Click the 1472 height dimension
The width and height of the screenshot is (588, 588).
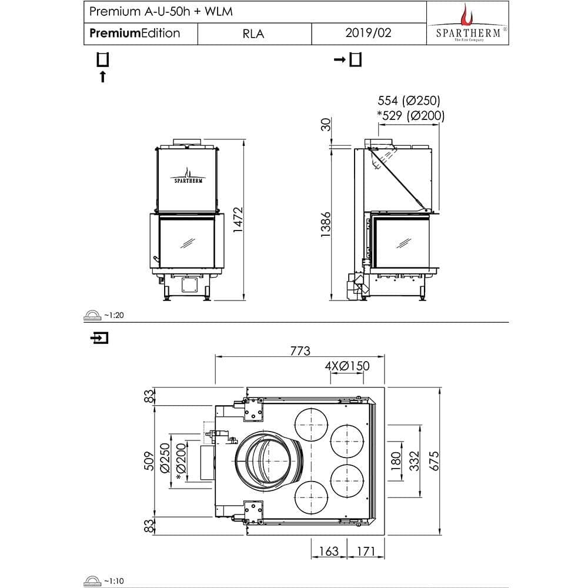[x=238, y=219]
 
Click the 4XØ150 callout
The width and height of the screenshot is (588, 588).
[x=347, y=366]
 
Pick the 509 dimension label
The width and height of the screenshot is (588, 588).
[x=149, y=462]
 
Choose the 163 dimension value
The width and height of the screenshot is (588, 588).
[x=328, y=551]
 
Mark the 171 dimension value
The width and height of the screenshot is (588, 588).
[x=366, y=551]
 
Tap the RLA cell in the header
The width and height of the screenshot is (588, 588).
[x=253, y=34]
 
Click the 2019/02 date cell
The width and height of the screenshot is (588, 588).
[x=369, y=33]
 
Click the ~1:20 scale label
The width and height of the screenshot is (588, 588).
[x=114, y=316]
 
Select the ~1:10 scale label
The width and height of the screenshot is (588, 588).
[x=114, y=581]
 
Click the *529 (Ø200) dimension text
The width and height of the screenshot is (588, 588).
[x=410, y=116]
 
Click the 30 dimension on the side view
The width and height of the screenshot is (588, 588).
[x=327, y=124]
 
